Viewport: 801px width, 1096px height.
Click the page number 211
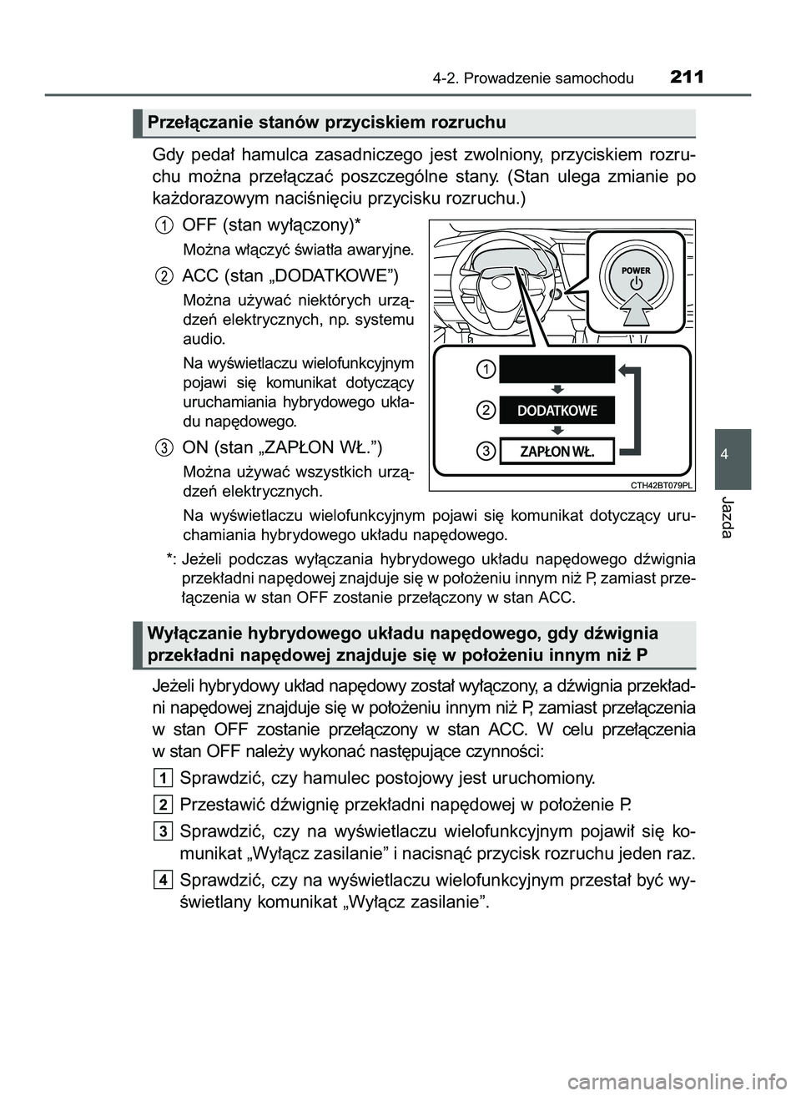[x=687, y=78]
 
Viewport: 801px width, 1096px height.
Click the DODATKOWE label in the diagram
[x=557, y=410]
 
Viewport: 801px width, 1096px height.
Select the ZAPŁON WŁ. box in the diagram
[x=557, y=452]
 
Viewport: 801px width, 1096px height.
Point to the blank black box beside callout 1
[x=557, y=368]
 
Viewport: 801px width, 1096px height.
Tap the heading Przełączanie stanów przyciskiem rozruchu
[x=326, y=124]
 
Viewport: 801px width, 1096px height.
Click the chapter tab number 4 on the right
[x=732, y=454]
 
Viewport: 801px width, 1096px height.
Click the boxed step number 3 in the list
[x=164, y=830]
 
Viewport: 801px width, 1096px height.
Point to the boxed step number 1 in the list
[x=164, y=779]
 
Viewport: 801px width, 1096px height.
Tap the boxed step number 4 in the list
[x=164, y=880]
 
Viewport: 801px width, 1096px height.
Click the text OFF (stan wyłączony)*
[x=271, y=225]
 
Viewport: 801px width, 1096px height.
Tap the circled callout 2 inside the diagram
[x=486, y=409]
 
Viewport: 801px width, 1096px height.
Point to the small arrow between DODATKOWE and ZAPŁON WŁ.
[x=557, y=431]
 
